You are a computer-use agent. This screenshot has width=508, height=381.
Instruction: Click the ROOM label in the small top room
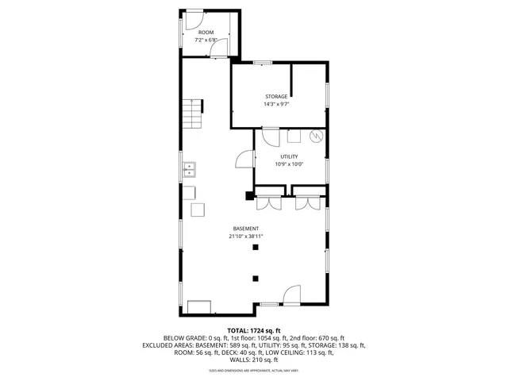tap(206, 32)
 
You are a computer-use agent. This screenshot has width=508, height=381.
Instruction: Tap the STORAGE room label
tap(276, 96)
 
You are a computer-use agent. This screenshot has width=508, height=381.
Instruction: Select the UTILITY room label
tap(288, 157)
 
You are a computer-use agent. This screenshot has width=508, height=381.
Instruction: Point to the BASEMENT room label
tap(245, 229)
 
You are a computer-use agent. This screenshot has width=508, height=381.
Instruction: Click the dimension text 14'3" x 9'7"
tap(276, 104)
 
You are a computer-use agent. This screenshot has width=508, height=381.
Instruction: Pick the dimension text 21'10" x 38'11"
tap(245, 236)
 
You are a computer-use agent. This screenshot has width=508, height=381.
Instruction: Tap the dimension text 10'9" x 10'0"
tap(288, 164)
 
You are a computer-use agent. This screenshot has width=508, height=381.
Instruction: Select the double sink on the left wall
tap(190, 169)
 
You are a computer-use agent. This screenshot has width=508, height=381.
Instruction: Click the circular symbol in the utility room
tap(317, 137)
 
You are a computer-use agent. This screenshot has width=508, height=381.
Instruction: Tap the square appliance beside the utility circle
tap(294, 136)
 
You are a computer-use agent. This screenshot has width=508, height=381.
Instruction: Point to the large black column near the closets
tap(249, 195)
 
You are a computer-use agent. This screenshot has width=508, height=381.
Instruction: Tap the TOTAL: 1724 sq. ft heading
tap(254, 330)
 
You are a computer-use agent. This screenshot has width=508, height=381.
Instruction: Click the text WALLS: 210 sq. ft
tap(254, 360)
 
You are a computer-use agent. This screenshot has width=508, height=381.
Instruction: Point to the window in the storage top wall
tap(262, 62)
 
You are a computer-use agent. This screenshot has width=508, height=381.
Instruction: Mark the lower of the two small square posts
tap(256, 278)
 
